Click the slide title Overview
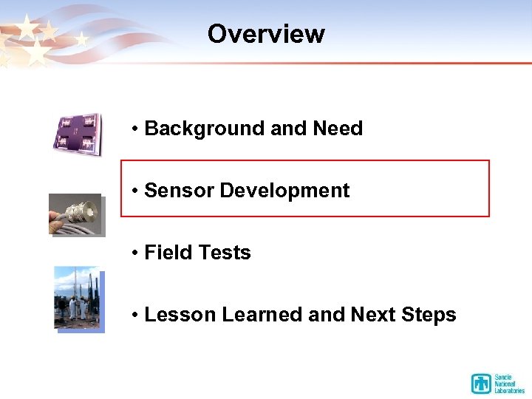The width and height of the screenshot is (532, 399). pos(266,34)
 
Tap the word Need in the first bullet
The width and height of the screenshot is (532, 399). pos(337,129)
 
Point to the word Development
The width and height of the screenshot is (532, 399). pos(284,191)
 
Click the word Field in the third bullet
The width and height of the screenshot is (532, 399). pos(166,253)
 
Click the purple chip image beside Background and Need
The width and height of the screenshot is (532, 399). pos(77,134)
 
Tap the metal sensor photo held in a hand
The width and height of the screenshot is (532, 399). pos(76,214)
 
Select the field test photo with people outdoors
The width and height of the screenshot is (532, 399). pos(78,299)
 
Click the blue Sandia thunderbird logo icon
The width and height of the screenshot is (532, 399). pos(482,383)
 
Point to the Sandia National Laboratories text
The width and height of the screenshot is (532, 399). pos(509,383)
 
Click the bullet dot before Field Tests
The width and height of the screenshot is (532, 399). pos(136,253)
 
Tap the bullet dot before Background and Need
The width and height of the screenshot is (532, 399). pos(136,129)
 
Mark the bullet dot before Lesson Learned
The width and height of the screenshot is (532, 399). pos(136,316)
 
